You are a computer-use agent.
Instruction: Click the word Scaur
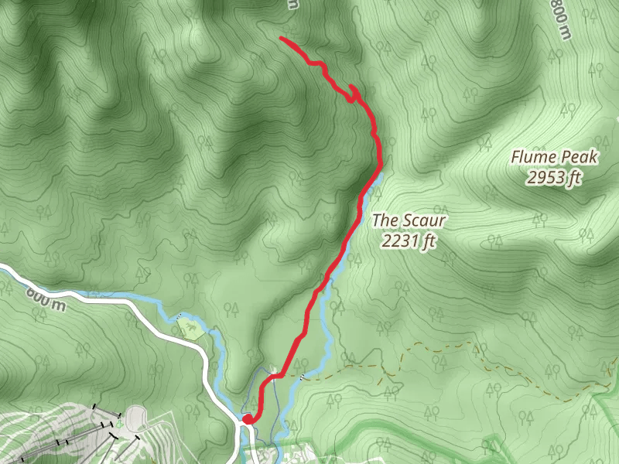click(425, 220)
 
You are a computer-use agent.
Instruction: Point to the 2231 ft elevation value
click(409, 241)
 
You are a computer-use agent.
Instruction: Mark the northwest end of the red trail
click(281, 38)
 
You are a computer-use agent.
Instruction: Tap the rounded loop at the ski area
click(137, 417)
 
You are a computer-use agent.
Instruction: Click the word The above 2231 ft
click(385, 220)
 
